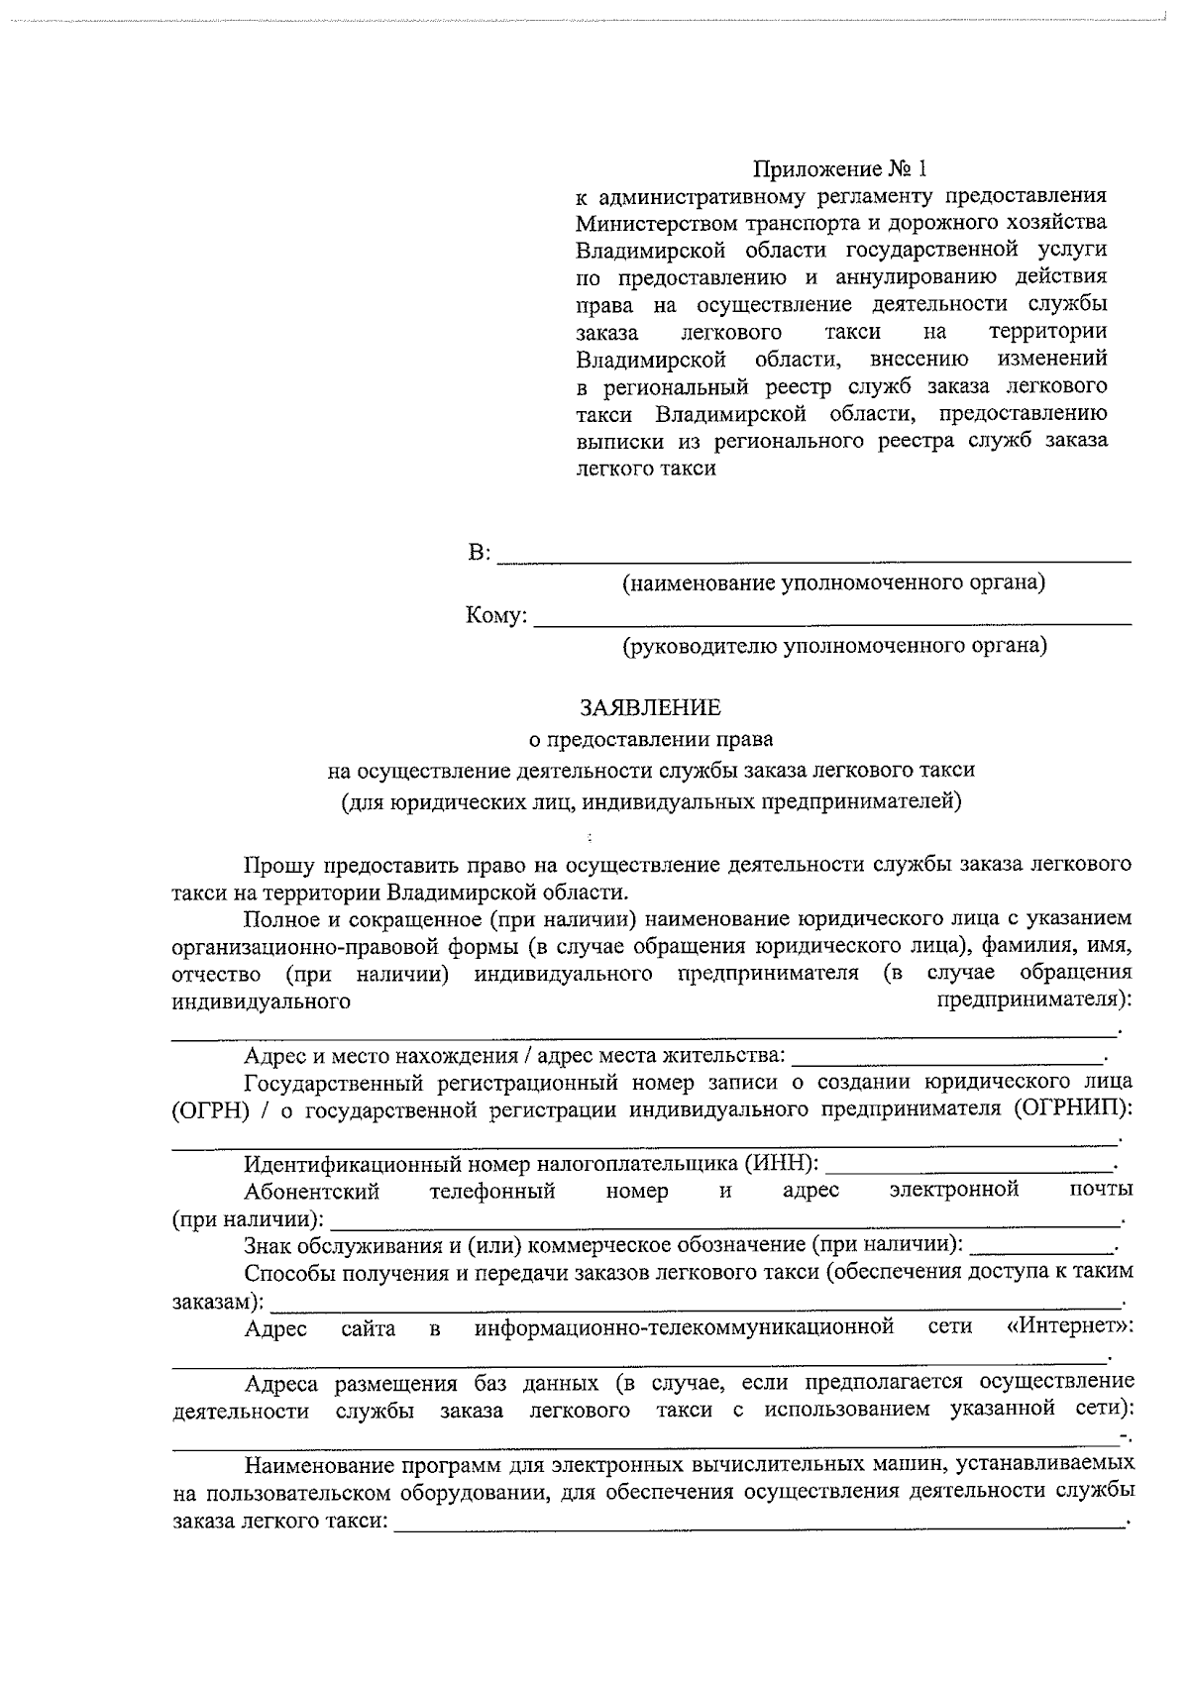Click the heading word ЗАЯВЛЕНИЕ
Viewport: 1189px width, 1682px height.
pyautogui.click(x=650, y=707)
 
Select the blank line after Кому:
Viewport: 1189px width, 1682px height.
pyautogui.click(x=832, y=618)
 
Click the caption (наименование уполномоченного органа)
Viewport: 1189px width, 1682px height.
pyautogui.click(x=833, y=582)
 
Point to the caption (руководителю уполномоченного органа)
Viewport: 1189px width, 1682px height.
pyautogui.click(x=834, y=647)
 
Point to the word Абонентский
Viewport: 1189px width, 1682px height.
pyautogui.click(x=312, y=1191)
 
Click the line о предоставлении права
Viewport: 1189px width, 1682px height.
pyautogui.click(x=650, y=739)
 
